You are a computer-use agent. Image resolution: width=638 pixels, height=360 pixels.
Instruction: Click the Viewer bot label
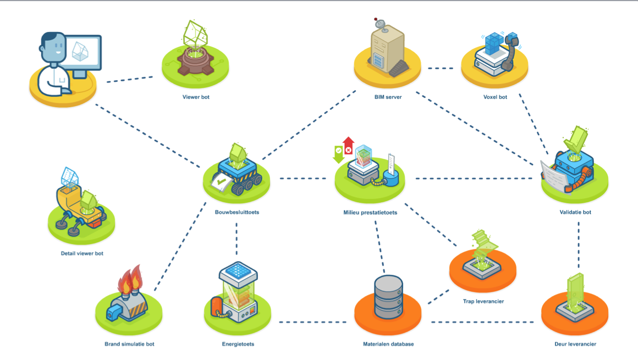[x=196, y=97]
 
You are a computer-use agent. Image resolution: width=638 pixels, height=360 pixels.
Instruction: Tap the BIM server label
[x=388, y=97]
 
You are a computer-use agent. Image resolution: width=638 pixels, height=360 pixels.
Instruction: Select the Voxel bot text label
[x=494, y=97]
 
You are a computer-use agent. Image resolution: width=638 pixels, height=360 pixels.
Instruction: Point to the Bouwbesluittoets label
[x=237, y=212]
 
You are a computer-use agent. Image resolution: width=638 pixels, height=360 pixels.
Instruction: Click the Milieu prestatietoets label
[x=370, y=212]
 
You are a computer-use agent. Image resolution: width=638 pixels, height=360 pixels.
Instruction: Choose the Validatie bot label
[x=575, y=212]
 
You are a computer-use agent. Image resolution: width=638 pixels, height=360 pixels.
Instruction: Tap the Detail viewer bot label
[x=82, y=253]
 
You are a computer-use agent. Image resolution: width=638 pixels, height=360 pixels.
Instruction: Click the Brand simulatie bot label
[x=129, y=344]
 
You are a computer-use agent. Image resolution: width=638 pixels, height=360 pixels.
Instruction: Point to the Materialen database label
[x=388, y=344]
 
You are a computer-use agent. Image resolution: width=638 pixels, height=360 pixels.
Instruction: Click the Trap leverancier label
[x=483, y=301]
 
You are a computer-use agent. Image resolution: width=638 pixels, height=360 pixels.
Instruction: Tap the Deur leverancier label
[x=575, y=344]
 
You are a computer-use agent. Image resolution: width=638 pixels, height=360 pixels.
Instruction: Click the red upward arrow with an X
[x=348, y=146]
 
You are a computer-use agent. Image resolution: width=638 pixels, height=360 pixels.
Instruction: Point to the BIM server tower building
[x=386, y=46]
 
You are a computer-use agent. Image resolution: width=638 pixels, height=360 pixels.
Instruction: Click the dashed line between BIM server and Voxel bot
[x=440, y=69]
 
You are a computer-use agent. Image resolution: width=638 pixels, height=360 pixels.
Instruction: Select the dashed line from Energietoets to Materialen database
[x=316, y=322]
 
